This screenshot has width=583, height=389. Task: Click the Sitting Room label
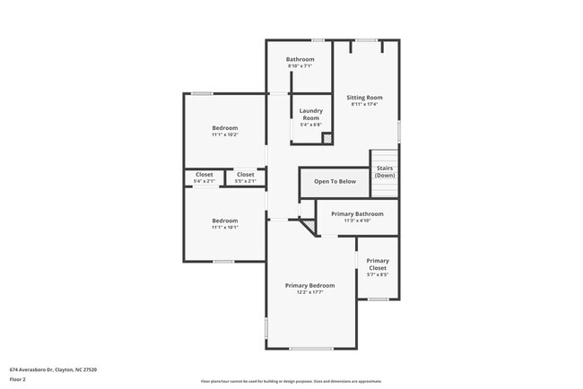(x=365, y=97)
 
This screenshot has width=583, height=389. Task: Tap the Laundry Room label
(x=310, y=114)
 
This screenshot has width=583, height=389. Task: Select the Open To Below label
(x=335, y=181)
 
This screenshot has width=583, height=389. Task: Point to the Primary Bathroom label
(x=357, y=214)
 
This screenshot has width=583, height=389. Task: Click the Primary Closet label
(x=377, y=264)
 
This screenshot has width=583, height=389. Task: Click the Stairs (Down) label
(x=385, y=171)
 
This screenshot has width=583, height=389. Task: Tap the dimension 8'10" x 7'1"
(x=300, y=66)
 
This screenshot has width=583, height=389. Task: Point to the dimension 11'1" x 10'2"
(x=225, y=134)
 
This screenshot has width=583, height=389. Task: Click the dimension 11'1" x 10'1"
(x=225, y=228)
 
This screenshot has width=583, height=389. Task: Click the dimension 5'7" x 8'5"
(x=377, y=275)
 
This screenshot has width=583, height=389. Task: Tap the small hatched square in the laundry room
(x=327, y=138)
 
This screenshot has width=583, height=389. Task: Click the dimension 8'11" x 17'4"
(x=365, y=104)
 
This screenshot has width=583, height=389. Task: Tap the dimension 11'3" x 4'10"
(x=357, y=220)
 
